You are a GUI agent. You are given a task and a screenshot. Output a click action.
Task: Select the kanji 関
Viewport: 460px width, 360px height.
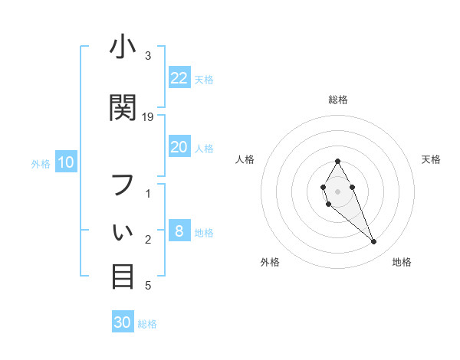123,107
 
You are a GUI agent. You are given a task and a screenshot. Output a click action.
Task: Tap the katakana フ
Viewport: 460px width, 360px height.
123,184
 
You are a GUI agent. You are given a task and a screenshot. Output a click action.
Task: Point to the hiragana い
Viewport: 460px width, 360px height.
123,230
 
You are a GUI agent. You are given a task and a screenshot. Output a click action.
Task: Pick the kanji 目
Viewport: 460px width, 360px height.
123,276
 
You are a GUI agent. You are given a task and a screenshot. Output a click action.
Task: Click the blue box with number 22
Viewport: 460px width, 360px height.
179,78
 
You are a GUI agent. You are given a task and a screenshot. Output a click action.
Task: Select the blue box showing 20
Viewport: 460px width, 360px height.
179,147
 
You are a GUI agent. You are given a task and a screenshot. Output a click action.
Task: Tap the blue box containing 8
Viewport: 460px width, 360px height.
179,232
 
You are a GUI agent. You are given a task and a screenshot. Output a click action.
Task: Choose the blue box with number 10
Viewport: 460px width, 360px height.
66,162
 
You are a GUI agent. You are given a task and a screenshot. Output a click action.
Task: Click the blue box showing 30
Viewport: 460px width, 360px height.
123,322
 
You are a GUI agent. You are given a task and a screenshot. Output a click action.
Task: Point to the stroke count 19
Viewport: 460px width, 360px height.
148,116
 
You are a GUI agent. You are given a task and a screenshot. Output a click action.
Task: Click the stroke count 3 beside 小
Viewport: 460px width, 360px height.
148,56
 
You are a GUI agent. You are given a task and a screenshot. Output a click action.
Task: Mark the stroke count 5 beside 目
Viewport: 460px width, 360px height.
148,286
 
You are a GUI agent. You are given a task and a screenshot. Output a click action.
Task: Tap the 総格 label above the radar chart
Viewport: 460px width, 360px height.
338,100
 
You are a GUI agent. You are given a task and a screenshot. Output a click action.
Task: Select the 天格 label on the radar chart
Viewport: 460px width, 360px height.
432,159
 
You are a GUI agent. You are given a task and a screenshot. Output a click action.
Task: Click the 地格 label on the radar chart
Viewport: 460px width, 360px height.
402,262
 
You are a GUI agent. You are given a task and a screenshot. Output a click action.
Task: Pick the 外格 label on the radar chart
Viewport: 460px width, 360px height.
270,262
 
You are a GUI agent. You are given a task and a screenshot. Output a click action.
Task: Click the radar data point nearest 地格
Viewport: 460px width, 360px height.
374,242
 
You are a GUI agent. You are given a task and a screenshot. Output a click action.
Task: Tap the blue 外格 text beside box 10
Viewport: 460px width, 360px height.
40,163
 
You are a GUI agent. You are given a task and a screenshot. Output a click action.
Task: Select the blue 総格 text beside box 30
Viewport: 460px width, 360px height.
147,324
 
